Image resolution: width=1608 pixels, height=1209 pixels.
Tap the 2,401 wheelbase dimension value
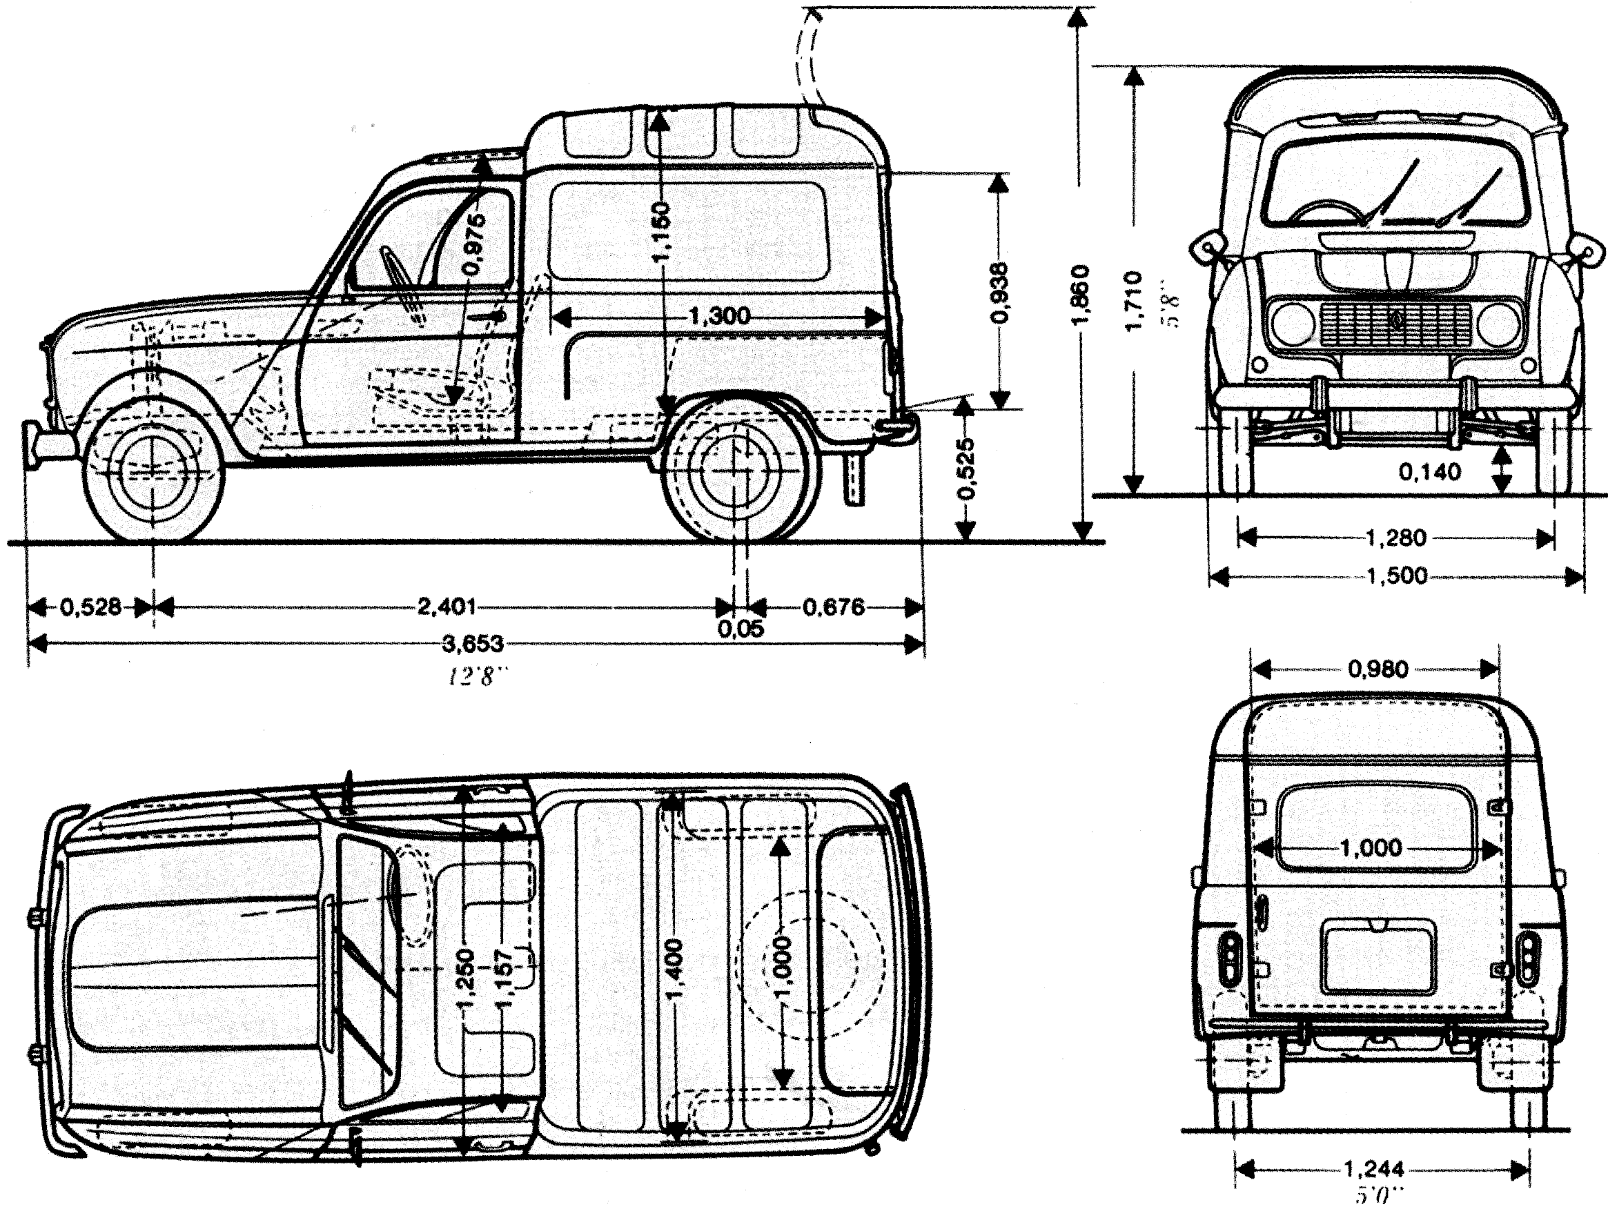pyautogui.click(x=447, y=607)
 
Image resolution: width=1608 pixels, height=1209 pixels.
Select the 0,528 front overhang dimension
pyautogui.click(x=90, y=607)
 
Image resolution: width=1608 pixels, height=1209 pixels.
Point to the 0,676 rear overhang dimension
pyautogui.click(x=834, y=607)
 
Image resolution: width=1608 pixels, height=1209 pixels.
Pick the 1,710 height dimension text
pyautogui.click(x=1133, y=302)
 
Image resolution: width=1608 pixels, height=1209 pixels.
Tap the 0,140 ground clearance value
pyautogui.click(x=1430, y=473)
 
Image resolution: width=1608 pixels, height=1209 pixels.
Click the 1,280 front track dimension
pyautogui.click(x=1395, y=538)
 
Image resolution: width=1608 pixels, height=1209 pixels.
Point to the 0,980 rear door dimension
pyautogui.click(x=1378, y=669)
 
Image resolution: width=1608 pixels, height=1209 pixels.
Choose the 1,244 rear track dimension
pyautogui.click(x=1374, y=1170)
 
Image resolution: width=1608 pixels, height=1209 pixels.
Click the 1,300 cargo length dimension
pyautogui.click(x=719, y=316)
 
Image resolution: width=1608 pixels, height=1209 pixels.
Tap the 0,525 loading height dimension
pyautogui.click(x=965, y=469)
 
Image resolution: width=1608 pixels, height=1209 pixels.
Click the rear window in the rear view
pyautogui.click(x=1373, y=827)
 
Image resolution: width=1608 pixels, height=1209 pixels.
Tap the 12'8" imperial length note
pyautogui.click(x=475, y=678)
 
